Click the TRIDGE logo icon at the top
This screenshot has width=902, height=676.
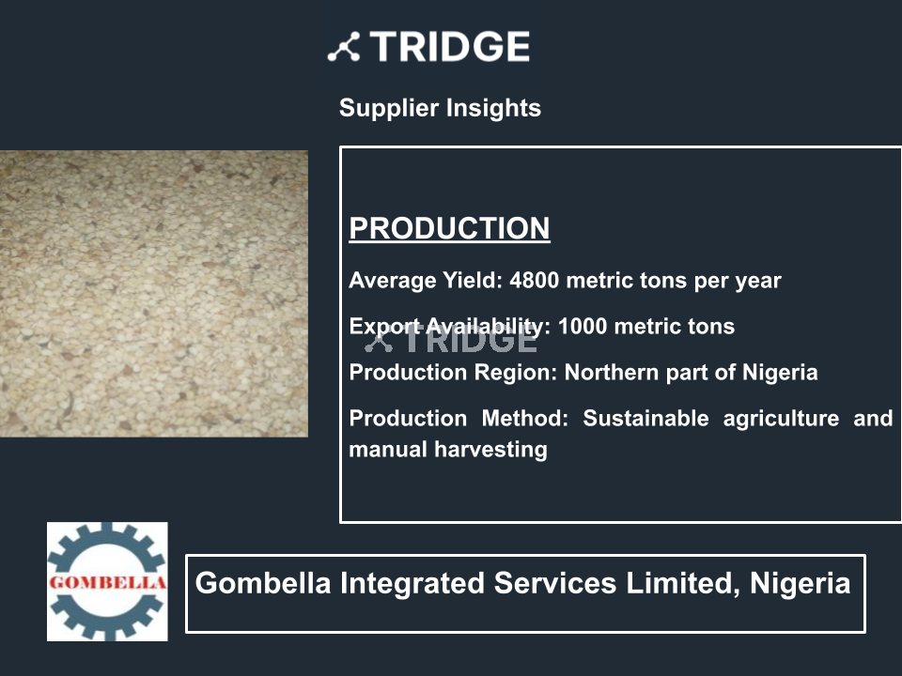pyautogui.click(x=344, y=47)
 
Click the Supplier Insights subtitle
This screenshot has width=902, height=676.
pyautogui.click(x=440, y=108)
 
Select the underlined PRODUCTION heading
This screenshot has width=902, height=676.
pyautogui.click(x=449, y=228)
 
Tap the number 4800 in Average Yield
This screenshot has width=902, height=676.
pyautogui.click(x=535, y=281)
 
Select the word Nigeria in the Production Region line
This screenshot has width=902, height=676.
pyautogui.click(x=780, y=373)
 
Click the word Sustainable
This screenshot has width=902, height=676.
pyautogui.click(x=645, y=419)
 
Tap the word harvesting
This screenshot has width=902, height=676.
pyautogui.click(x=490, y=450)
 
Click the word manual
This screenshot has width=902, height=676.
pyautogui.click(x=388, y=450)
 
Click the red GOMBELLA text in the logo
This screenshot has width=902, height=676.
pyautogui.click(x=107, y=582)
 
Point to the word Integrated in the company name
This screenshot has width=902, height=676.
pyautogui.click(x=412, y=583)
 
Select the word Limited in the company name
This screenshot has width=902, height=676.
pyautogui.click(x=683, y=583)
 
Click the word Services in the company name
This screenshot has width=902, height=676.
pyautogui.click(x=555, y=583)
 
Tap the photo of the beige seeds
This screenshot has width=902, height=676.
pyautogui.click(x=153, y=294)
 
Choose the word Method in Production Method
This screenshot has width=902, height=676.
pyautogui.click(x=524, y=419)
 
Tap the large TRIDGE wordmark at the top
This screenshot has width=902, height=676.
pyautogui.click(x=450, y=47)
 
